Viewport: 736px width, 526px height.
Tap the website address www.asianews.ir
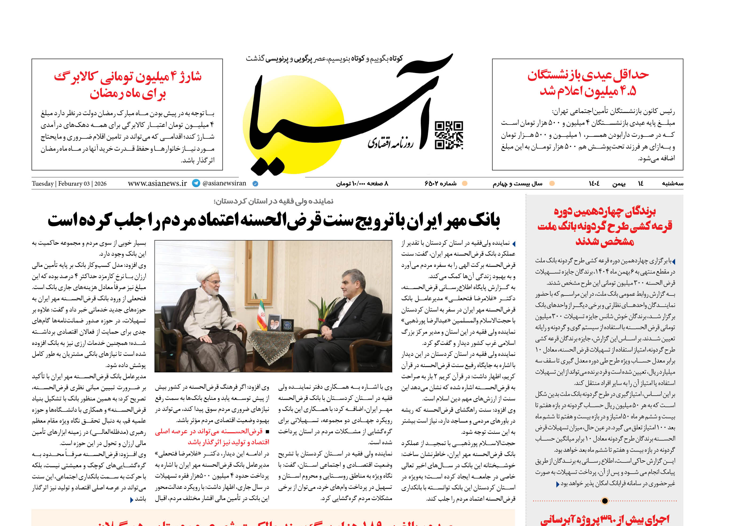tap(157, 183)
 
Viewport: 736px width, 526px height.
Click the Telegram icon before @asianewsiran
tap(196, 183)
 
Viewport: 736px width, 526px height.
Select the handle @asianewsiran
tap(224, 183)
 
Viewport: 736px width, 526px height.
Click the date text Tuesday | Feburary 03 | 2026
tap(69, 184)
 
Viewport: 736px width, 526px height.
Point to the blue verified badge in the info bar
tap(255, 184)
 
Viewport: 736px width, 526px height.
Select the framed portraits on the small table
tap(274, 322)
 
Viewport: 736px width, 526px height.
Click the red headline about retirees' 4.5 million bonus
tap(588, 83)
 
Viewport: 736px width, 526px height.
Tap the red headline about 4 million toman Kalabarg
tap(128, 85)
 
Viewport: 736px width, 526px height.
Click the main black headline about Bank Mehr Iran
tap(274, 221)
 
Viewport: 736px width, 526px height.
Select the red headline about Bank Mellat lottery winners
tap(605, 226)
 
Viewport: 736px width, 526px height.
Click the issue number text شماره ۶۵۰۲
tap(440, 184)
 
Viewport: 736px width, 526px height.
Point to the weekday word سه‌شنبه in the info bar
tap(672, 184)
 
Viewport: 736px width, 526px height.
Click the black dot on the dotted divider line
tap(605, 501)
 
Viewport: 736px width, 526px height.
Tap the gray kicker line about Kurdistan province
tap(274, 201)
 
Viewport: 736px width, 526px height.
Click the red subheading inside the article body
tap(212, 437)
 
